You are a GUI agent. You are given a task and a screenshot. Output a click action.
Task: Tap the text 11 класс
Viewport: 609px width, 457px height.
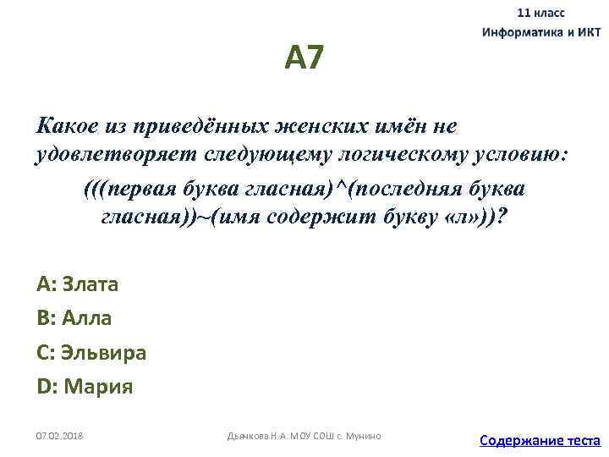pyautogui.click(x=541, y=14)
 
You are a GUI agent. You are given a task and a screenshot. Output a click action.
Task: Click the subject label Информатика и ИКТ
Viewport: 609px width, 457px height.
pyautogui.click(x=541, y=32)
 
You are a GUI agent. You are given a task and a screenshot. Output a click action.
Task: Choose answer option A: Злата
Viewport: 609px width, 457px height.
pyautogui.click(x=78, y=284)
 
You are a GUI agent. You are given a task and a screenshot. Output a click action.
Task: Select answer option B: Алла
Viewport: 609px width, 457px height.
pyautogui.click(x=74, y=318)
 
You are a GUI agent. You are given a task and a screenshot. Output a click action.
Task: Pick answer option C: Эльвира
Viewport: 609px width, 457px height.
pyautogui.click(x=91, y=352)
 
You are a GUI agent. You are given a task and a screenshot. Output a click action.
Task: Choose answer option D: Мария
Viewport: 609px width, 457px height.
pyautogui.click(x=85, y=387)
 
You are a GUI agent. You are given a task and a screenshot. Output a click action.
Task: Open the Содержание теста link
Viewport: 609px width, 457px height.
pyautogui.click(x=540, y=440)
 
